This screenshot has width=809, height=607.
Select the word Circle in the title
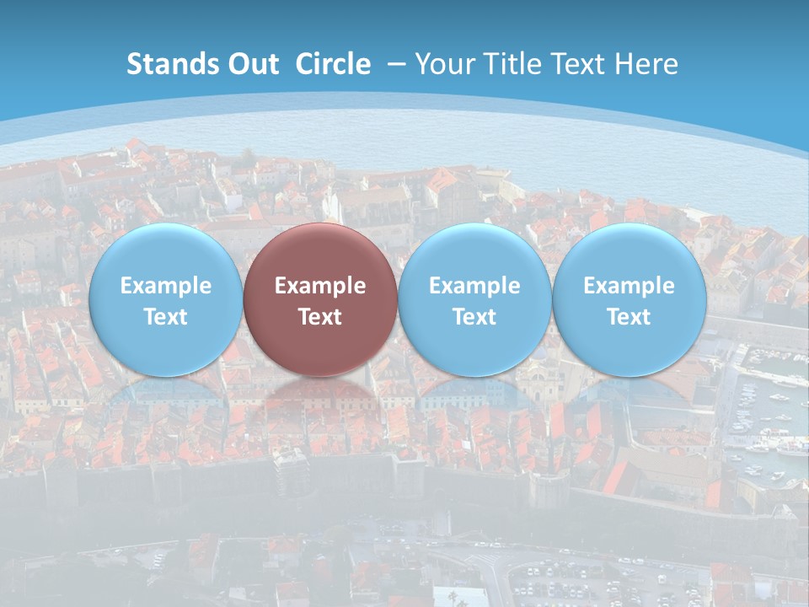pyautogui.click(x=333, y=64)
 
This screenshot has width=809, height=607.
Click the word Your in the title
pyautogui.click(x=442, y=64)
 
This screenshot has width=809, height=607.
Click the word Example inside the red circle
pyautogui.click(x=320, y=286)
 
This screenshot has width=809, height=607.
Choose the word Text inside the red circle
pyautogui.click(x=320, y=317)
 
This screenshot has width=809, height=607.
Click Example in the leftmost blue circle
pyautogui.click(x=166, y=286)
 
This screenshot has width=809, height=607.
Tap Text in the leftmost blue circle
pyautogui.click(x=166, y=317)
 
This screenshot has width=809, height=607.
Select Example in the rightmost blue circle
pyautogui.click(x=629, y=286)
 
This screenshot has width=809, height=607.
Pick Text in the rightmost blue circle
pyautogui.click(x=629, y=317)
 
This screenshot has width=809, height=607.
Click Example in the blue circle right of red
pyautogui.click(x=474, y=286)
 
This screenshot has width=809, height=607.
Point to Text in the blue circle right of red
pyautogui.click(x=474, y=317)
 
